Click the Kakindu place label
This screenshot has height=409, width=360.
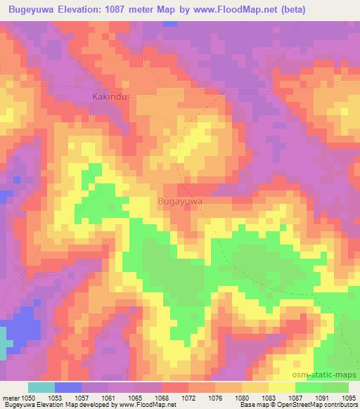pyautogui.click(x=110, y=96)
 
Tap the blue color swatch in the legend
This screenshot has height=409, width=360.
pyautogui.click(x=67, y=387)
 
